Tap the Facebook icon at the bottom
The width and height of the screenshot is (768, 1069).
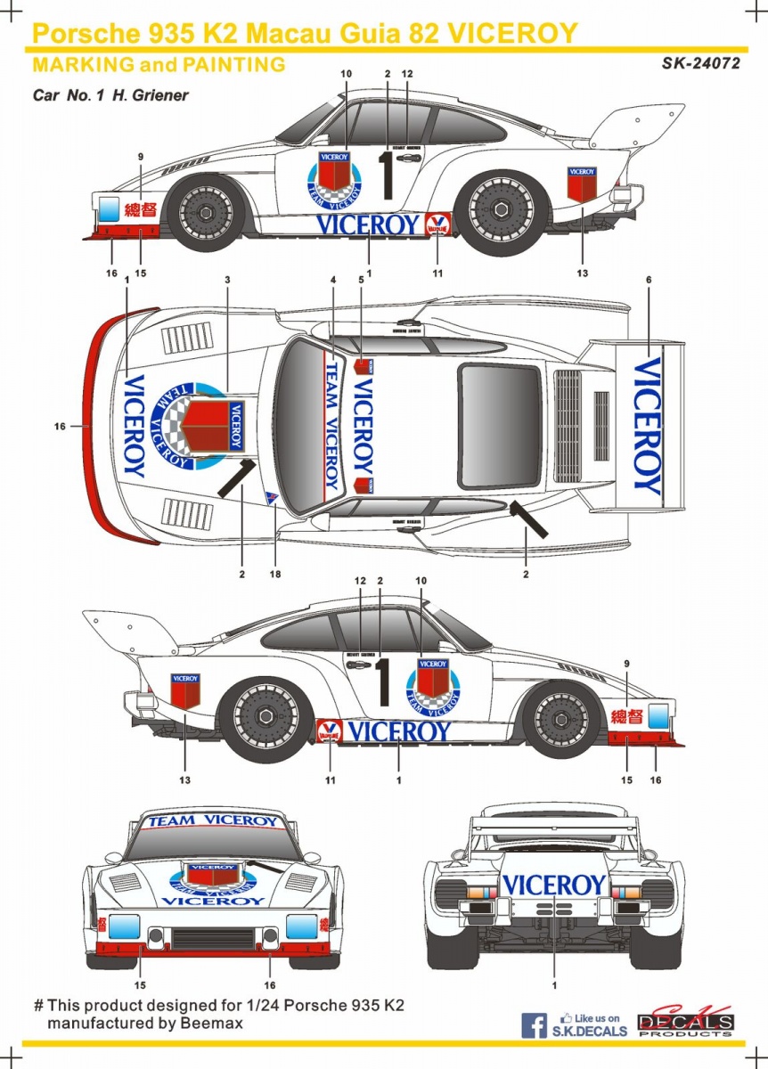534,1025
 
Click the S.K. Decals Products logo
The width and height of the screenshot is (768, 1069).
685,1024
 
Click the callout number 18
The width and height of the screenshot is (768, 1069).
274,575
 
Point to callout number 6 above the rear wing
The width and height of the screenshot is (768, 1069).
649,281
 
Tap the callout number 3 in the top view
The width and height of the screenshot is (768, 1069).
227,281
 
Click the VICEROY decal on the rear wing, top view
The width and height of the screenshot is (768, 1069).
648,426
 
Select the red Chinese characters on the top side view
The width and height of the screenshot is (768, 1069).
140,210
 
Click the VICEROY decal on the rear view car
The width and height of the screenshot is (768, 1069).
553,885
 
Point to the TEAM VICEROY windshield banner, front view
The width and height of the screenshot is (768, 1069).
213,820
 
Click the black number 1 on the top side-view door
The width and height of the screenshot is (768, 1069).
387,175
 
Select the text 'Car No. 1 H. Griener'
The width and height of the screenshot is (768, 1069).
110,94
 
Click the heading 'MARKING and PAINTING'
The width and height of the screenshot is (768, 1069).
159,64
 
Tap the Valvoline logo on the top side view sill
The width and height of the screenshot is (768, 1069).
438,224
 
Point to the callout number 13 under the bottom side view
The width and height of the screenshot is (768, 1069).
185,780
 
